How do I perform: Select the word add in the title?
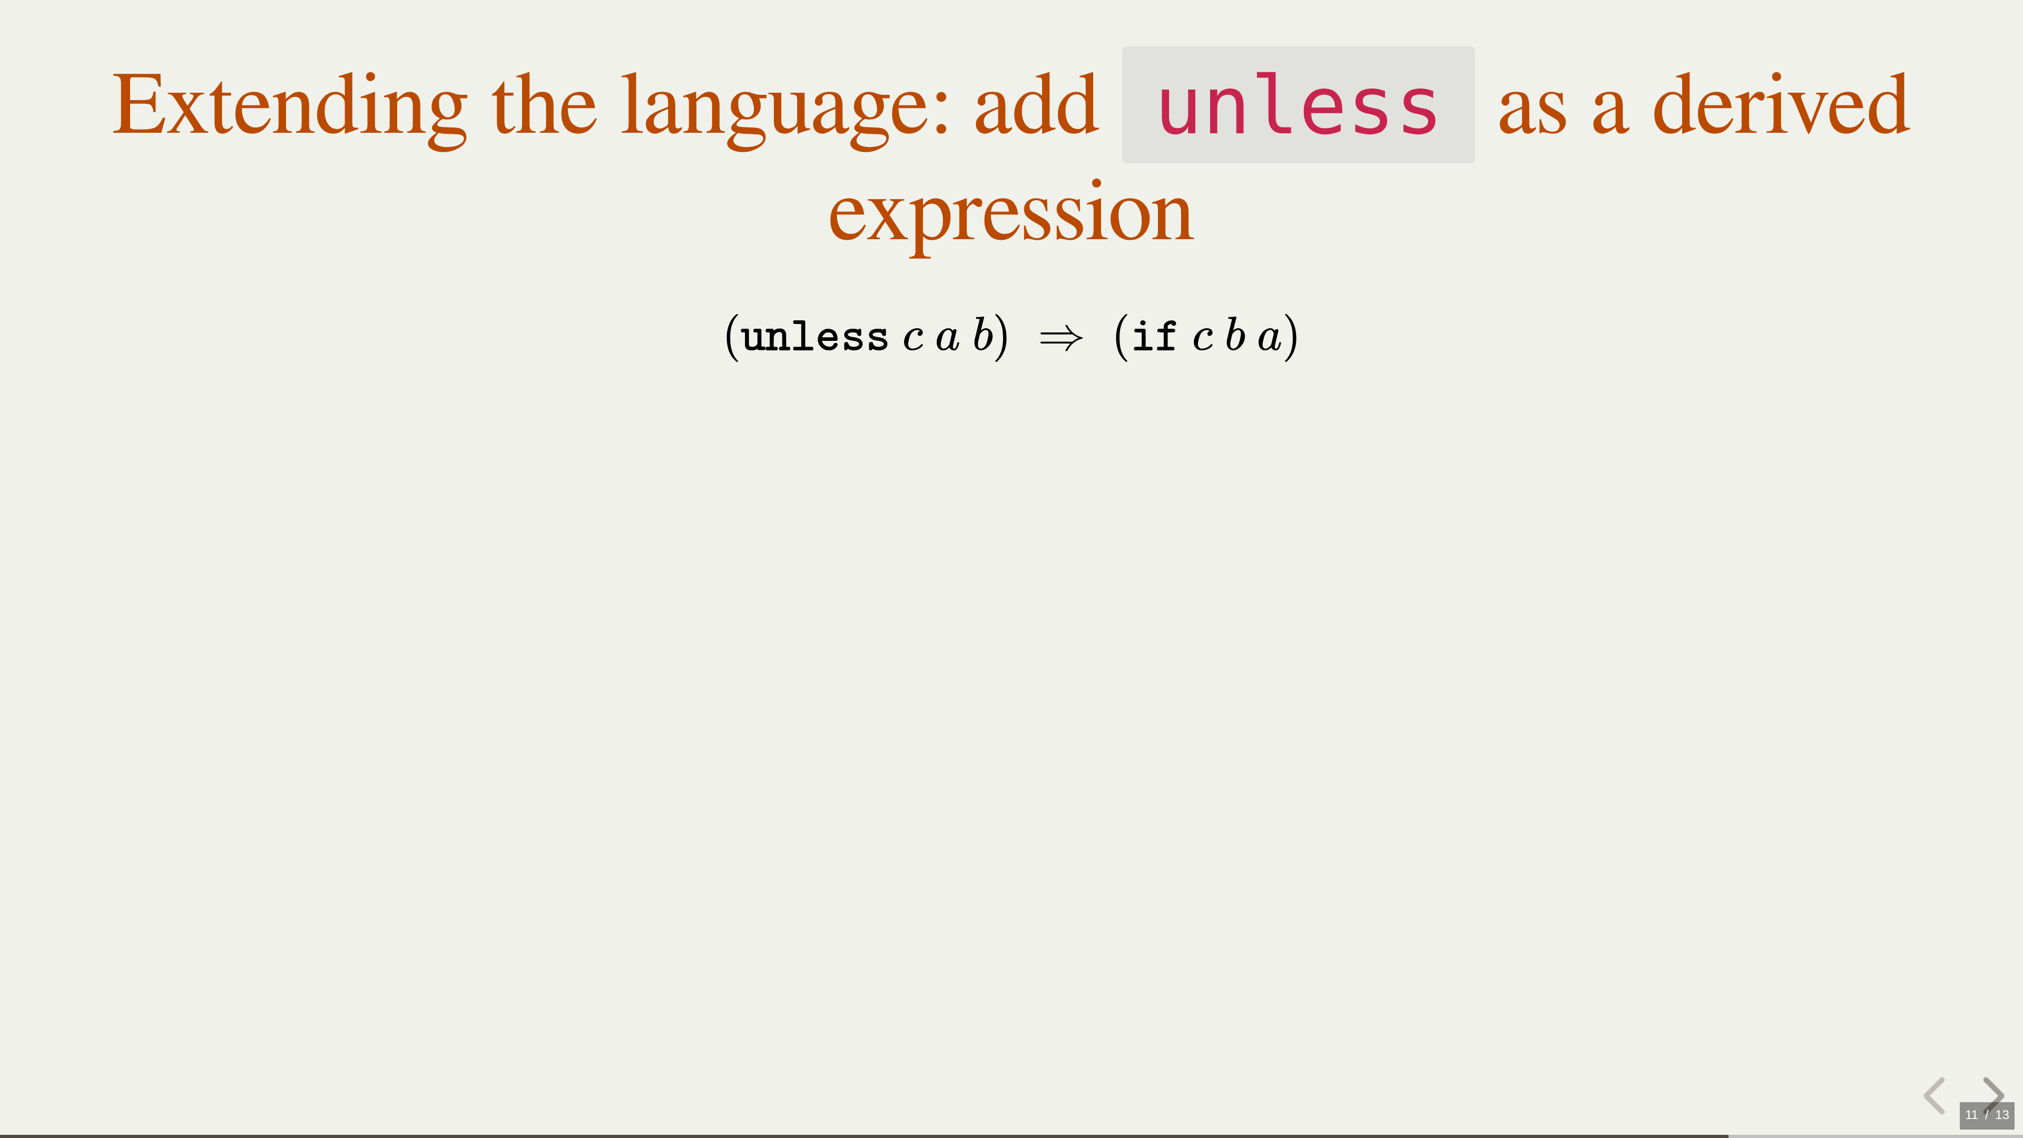point(1036,104)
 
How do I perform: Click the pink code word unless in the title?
point(1298,104)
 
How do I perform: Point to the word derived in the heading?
point(1781,104)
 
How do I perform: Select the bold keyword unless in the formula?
point(814,337)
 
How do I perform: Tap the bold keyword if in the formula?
point(1154,337)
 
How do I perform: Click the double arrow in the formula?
point(1061,338)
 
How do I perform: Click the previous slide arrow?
point(1934,1096)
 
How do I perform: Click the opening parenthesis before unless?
point(732,338)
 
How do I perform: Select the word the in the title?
point(544,104)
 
